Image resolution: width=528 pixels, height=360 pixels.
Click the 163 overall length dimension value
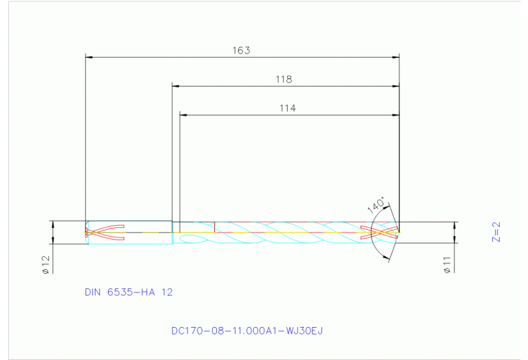241,51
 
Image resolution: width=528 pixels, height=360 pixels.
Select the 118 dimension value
284,80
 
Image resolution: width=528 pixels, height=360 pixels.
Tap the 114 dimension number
287,108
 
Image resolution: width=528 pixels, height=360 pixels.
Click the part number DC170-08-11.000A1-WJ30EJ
247,331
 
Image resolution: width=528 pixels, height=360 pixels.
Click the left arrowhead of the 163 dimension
88,57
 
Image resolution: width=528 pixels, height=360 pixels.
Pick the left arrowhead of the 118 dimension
176,86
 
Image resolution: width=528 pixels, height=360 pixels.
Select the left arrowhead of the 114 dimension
183,114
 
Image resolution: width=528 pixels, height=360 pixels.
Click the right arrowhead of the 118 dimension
396,86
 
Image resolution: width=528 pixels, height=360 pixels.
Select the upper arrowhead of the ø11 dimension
454,225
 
